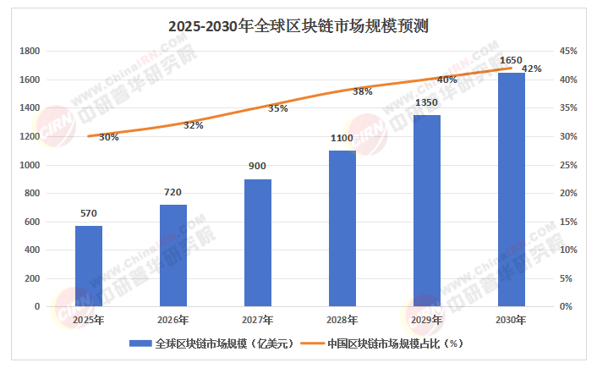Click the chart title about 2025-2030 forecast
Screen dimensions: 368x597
(x=298, y=25)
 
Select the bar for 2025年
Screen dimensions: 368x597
(x=88, y=266)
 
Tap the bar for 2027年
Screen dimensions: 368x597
(x=257, y=243)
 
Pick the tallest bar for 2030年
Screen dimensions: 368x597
(x=511, y=189)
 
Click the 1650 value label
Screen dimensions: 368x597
(x=511, y=60)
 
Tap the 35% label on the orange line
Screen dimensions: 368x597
(x=277, y=108)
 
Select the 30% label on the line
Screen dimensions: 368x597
(x=108, y=137)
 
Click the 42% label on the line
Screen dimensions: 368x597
(x=532, y=69)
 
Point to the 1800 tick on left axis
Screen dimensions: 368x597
(x=30, y=52)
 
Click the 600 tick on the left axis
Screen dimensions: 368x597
(x=33, y=222)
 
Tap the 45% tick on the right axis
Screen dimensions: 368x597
(x=567, y=52)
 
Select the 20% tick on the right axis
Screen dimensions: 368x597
(x=567, y=194)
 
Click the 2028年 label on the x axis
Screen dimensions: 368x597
(x=342, y=320)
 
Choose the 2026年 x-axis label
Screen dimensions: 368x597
(x=173, y=320)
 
